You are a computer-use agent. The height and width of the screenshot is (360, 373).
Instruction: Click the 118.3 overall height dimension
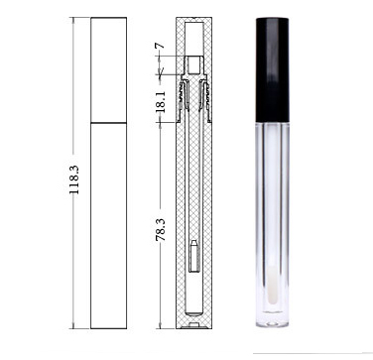[73, 180]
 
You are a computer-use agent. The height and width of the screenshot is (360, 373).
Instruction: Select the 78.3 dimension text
[161, 229]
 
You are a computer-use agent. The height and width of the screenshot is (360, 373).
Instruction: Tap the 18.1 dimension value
[161, 102]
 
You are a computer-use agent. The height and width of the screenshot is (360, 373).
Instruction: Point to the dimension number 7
[161, 45]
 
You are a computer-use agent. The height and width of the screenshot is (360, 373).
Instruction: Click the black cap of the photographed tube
[273, 69]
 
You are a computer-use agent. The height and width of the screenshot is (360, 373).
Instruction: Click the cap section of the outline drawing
[109, 69]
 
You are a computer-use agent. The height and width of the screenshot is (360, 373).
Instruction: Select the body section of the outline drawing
[109, 226]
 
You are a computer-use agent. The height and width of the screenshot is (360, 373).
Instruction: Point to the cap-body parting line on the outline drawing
[109, 123]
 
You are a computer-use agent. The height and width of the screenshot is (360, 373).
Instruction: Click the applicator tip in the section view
[194, 256]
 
